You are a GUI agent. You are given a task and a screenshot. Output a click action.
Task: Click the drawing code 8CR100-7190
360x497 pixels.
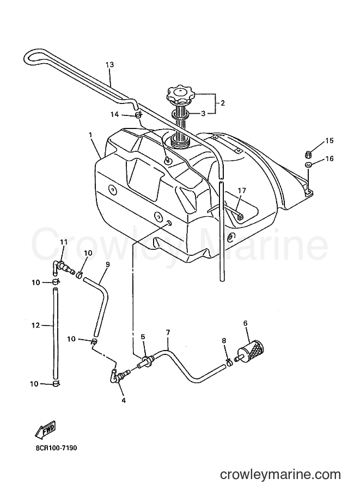point(56,448)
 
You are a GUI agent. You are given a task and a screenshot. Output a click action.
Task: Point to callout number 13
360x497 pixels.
point(109,65)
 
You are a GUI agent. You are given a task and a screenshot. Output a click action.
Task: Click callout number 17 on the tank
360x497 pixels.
point(242,191)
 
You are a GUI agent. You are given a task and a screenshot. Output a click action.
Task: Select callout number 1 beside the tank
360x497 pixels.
point(90,135)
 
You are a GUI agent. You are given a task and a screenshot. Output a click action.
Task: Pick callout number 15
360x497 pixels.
point(330,140)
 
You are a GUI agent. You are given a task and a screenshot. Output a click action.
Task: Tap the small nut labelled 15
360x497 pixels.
point(307,155)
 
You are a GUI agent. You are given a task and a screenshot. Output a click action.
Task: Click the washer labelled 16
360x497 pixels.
point(307,165)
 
